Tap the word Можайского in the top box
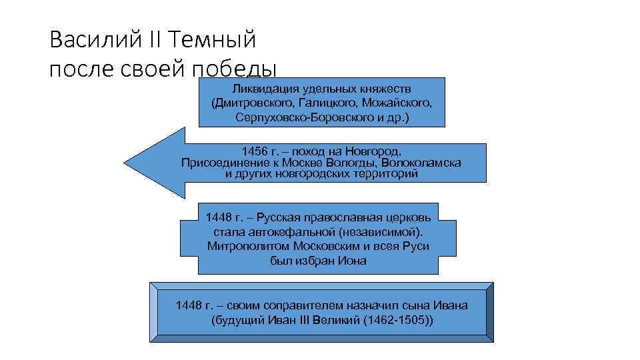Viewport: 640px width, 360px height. click(397, 103)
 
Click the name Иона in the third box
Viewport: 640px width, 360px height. click(353, 260)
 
